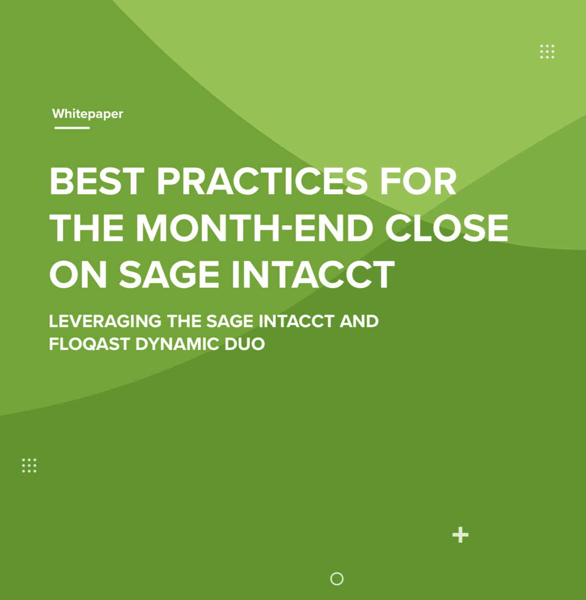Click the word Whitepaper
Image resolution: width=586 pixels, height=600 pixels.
tap(87, 114)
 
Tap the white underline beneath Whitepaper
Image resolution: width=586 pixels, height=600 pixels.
tap(72, 128)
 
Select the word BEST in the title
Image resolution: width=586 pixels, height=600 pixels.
tap(97, 181)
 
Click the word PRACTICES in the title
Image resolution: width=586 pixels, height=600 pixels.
tap(262, 181)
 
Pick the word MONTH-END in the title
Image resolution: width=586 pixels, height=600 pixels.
tap(254, 228)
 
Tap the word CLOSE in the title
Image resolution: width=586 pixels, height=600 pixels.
tap(446, 228)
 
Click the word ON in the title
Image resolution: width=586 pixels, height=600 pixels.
tap(78, 274)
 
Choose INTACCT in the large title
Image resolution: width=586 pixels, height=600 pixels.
tap(313, 274)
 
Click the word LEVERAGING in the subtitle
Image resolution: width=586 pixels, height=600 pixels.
tap(105, 321)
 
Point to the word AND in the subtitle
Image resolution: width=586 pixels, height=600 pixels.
tap(359, 321)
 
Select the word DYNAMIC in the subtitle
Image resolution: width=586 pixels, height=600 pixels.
tap(177, 344)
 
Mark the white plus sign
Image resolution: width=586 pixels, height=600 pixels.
tap(460, 535)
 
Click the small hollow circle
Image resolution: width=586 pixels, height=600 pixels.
tap(337, 579)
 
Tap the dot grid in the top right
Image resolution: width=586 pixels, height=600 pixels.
tap(547, 51)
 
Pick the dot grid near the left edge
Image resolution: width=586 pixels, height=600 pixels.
tap(29, 465)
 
